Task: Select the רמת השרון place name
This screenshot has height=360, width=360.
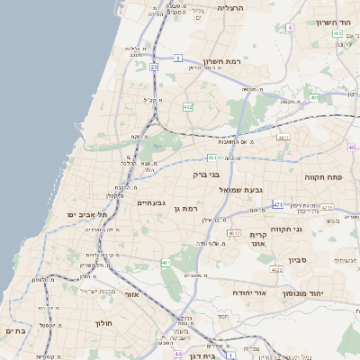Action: pos(223,62)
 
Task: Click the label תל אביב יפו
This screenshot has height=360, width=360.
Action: pos(87,215)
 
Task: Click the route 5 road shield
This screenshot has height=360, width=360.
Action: pos(179,58)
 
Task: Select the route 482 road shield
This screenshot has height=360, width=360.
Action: pos(187,106)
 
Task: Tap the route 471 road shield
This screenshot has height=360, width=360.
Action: pos(278,205)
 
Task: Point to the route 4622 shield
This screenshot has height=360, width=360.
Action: pos(276,269)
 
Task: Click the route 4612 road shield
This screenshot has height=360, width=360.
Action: pos(234,233)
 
